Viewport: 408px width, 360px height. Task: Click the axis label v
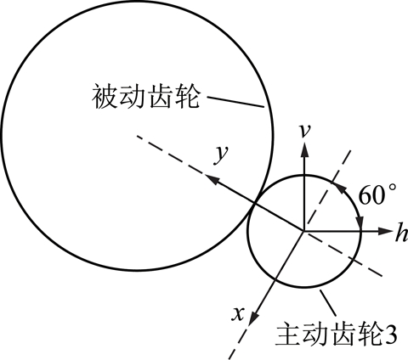pyautogui.click(x=304, y=132)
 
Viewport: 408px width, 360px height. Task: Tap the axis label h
pyautogui.click(x=402, y=232)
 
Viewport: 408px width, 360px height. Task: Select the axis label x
pyautogui.click(x=238, y=313)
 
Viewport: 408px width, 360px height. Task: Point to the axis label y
pyautogui.click(x=221, y=155)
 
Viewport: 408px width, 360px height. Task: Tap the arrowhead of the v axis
pyautogui.click(x=304, y=149)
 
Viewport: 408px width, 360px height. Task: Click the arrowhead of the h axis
pyautogui.click(x=385, y=231)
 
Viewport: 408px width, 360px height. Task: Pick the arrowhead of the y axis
pyautogui.click(x=211, y=179)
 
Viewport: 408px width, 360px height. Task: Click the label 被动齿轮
pyautogui.click(x=145, y=96)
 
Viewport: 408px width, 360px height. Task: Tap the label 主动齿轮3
pyautogui.click(x=337, y=335)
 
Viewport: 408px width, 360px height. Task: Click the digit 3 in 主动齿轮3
pyautogui.click(x=390, y=335)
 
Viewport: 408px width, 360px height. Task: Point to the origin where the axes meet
pyautogui.click(x=304, y=231)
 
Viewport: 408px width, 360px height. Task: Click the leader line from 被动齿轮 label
pyautogui.click(x=235, y=102)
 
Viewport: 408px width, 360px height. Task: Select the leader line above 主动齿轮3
pyautogui.click(x=328, y=303)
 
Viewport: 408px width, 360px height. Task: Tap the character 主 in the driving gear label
pyautogui.click(x=288, y=335)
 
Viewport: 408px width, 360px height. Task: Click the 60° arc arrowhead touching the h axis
pyautogui.click(x=360, y=222)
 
